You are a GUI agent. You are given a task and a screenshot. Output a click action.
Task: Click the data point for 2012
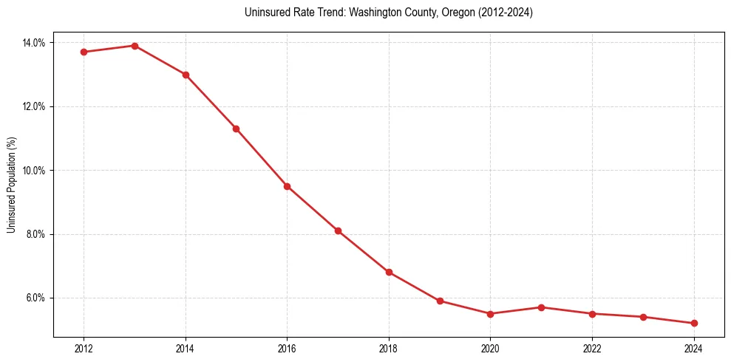tap(84, 52)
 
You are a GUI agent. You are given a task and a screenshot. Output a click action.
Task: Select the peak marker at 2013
tap(135, 46)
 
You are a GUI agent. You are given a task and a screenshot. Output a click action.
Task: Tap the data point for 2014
tap(186, 75)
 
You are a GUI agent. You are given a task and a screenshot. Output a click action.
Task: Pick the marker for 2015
tap(236, 129)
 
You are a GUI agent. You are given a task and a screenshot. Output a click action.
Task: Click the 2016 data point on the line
tap(287, 186)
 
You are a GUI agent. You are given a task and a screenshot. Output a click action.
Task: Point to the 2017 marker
tap(338, 230)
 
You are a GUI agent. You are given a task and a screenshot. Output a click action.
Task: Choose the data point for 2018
tap(389, 272)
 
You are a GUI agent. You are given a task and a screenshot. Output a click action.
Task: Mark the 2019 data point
tap(440, 301)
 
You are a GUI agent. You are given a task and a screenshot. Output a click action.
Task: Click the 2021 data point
tap(541, 307)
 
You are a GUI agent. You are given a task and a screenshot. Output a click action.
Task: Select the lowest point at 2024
tap(694, 323)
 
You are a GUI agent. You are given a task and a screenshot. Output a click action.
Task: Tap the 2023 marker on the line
tap(643, 317)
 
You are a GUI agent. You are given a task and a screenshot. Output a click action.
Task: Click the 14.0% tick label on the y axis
tap(34, 43)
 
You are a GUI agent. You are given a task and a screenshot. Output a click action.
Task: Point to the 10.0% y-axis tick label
tap(34, 171)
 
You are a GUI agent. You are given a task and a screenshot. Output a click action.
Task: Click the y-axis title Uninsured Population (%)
tap(11, 185)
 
